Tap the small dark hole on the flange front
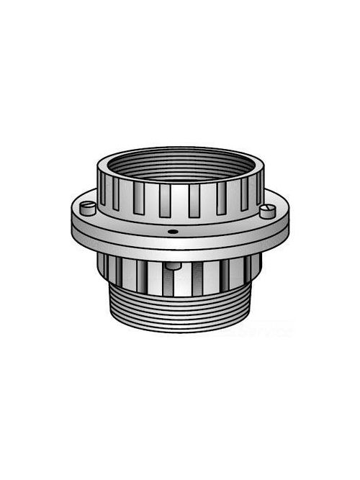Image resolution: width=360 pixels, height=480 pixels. [x=173, y=232]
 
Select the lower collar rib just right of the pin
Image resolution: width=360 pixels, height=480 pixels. [x=185, y=276]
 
